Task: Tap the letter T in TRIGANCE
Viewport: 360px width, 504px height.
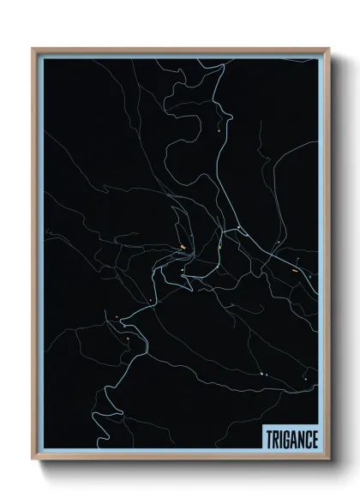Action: pyautogui.click(x=267, y=439)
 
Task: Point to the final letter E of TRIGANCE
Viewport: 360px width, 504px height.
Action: pyautogui.click(x=315, y=439)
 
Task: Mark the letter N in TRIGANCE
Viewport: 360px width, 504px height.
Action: pyautogui.click(x=300, y=439)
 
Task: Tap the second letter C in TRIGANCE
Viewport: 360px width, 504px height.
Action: pyautogui.click(x=308, y=439)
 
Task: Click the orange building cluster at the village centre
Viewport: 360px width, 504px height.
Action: pyautogui.click(x=183, y=249)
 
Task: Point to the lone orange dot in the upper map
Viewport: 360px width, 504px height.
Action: pyautogui.click(x=220, y=129)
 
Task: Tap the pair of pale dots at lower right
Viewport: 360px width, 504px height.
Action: pyautogui.click(x=264, y=375)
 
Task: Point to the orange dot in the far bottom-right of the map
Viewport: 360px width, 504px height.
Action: pyautogui.click(x=304, y=378)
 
